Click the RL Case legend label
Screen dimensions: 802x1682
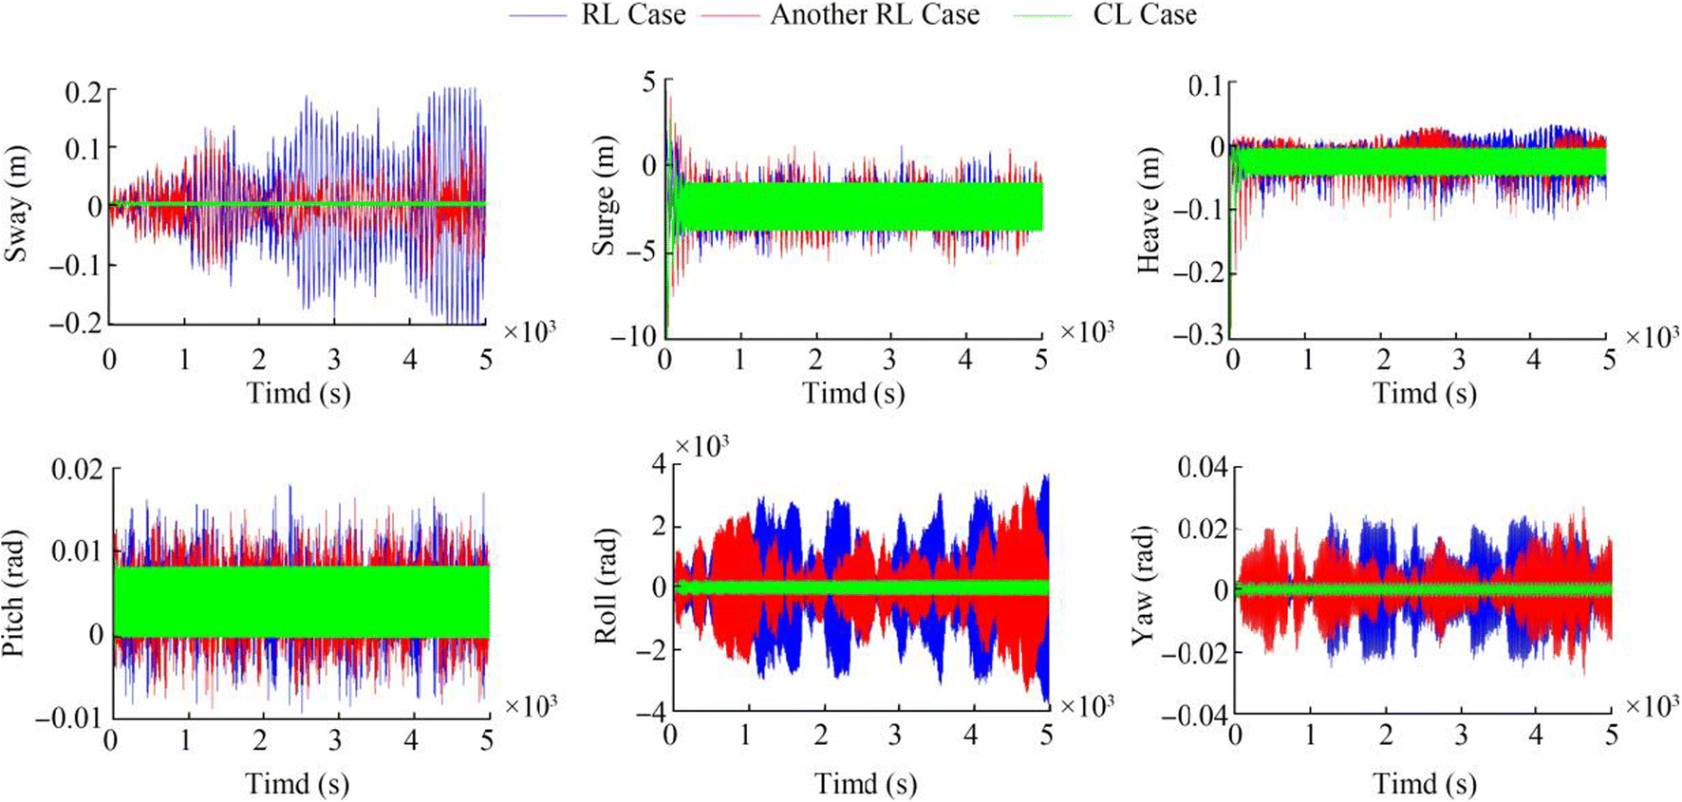633,15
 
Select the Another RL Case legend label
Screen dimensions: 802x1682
874,15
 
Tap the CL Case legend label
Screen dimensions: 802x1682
1145,15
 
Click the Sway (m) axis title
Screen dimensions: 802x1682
16,204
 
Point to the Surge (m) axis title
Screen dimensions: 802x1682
604,196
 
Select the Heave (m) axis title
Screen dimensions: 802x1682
1149,211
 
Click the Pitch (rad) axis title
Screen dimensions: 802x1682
13,593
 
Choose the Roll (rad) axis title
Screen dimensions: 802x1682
606,587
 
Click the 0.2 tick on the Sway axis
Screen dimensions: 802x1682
83,92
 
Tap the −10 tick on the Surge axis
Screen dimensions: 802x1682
635,336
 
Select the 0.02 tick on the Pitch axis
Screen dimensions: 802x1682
77,469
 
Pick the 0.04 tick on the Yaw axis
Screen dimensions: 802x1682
1203,467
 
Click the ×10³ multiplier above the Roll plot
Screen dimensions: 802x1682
701,445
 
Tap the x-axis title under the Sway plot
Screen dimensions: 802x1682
298,393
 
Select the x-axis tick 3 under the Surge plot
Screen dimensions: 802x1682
889,360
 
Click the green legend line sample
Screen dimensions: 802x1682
1043,16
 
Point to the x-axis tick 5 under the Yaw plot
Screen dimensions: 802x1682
1611,735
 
